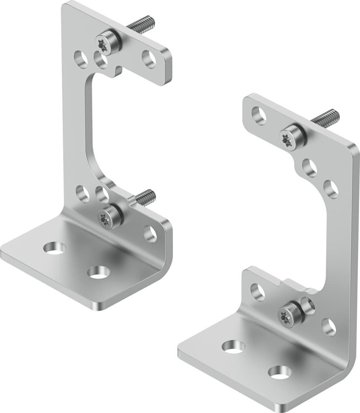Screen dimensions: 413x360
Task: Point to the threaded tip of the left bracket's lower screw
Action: [x=146, y=196]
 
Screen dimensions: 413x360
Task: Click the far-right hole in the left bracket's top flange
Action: [x=149, y=59]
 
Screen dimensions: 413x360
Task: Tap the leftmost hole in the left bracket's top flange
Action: [x=81, y=59]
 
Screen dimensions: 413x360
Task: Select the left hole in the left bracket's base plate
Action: [x=54, y=248]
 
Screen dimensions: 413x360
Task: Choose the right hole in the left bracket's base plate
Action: [x=98, y=272]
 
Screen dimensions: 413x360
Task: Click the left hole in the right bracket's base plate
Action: [x=234, y=347]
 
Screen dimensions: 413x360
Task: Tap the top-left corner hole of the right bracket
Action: [x=259, y=115]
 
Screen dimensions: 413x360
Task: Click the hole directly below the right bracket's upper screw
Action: [x=310, y=168]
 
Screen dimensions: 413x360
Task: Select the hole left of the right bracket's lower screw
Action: [x=257, y=292]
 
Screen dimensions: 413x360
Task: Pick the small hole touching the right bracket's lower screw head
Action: [x=307, y=306]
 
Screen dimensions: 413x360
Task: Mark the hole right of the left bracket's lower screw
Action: [x=150, y=234]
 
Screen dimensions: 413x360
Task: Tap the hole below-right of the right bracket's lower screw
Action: [x=329, y=327]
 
